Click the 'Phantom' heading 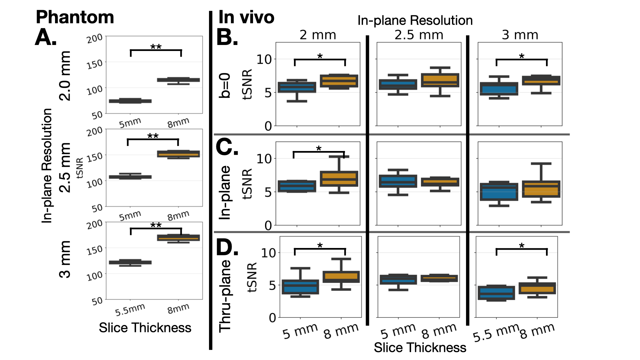click(x=75, y=17)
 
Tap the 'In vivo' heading click(x=246, y=17)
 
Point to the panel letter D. click(x=227, y=247)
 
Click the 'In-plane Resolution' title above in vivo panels click(x=415, y=21)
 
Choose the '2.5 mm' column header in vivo click(x=419, y=35)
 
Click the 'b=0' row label click(x=225, y=86)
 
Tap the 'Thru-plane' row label click(x=225, y=296)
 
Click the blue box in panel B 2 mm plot click(x=297, y=87)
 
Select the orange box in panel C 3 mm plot click(x=541, y=189)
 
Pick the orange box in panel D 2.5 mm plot click(x=439, y=278)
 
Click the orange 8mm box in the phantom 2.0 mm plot click(x=178, y=80)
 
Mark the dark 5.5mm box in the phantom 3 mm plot click(x=130, y=262)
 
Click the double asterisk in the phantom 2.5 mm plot click(x=153, y=136)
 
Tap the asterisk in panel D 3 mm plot click(x=522, y=246)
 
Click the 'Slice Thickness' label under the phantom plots click(x=145, y=328)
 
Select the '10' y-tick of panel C click(x=264, y=159)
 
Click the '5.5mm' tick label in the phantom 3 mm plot click(x=130, y=310)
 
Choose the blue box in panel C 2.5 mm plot click(x=398, y=181)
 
